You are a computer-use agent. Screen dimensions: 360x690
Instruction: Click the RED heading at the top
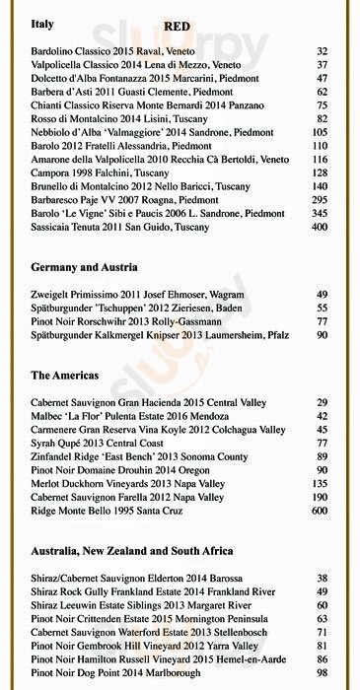[x=177, y=26]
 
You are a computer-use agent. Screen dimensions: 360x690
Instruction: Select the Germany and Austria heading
[x=84, y=267]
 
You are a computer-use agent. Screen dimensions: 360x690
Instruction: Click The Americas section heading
[x=64, y=376]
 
